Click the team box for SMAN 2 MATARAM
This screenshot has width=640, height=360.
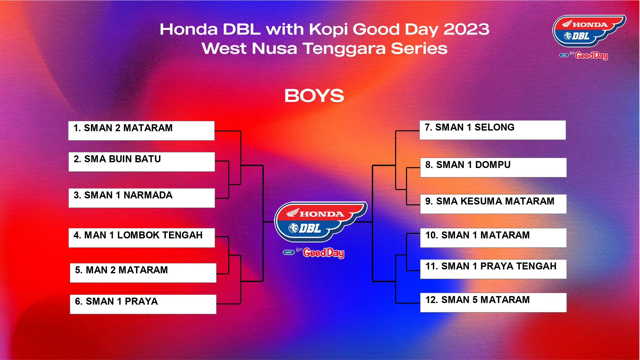pos(141,131)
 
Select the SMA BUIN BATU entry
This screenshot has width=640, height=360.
pos(142,162)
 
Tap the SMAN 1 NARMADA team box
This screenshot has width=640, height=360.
pos(142,198)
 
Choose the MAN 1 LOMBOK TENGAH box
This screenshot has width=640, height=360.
pos(142,238)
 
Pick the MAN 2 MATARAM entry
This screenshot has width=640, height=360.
pos(143,273)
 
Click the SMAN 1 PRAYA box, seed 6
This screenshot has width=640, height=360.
pos(143,304)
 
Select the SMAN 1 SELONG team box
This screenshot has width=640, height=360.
pos(493,130)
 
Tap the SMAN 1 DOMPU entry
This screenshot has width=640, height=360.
pos(493,167)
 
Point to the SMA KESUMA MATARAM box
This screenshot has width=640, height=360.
pos(493,204)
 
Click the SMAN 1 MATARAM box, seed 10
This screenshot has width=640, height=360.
pos(493,238)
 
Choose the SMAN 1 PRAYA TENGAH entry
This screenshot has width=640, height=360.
pos(493,269)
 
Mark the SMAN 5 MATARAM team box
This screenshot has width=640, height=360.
pos(493,302)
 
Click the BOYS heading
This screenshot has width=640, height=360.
pos(314,96)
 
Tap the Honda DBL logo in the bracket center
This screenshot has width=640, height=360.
pos(321,222)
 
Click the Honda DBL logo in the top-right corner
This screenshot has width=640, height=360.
pos(589,31)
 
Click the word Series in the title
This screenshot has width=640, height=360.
pos(419,49)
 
